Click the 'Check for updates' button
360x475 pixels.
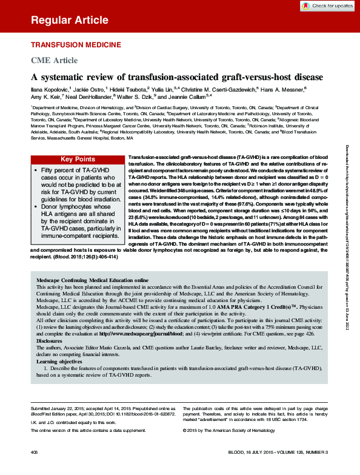(328, 5)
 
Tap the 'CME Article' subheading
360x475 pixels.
(54, 60)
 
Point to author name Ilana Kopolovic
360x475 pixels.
(51, 88)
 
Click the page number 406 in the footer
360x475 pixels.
(35, 453)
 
